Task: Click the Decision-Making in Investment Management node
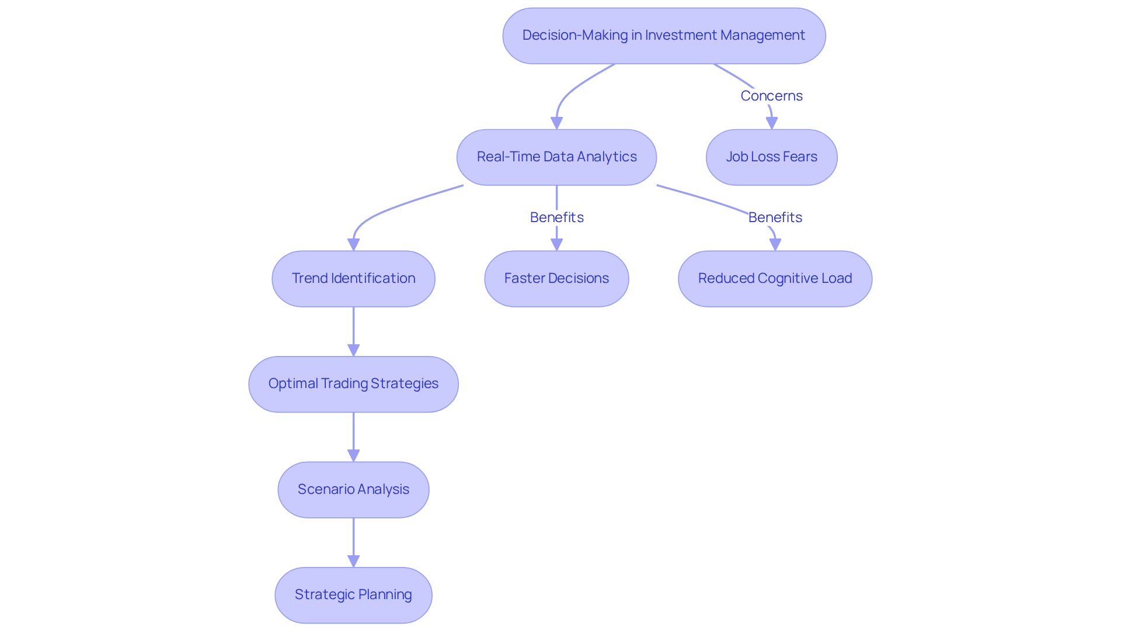pos(664,36)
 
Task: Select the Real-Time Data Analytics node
pos(556,157)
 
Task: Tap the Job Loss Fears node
pos(771,157)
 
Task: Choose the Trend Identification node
pos(353,279)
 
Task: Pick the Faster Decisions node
pos(556,279)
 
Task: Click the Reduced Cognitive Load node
pos(775,279)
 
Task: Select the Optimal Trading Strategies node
pos(353,384)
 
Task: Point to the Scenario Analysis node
pos(353,490)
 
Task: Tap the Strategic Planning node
pos(353,595)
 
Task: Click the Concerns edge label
pos(771,96)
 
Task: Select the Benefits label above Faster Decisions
pos(556,217)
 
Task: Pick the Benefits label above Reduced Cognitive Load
pos(775,217)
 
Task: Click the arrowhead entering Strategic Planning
pos(353,561)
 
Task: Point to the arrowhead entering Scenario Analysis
pos(353,456)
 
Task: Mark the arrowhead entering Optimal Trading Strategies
pos(353,350)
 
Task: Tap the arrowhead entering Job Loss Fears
pos(771,123)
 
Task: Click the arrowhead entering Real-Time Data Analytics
pos(556,123)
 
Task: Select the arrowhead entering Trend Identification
pos(353,245)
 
